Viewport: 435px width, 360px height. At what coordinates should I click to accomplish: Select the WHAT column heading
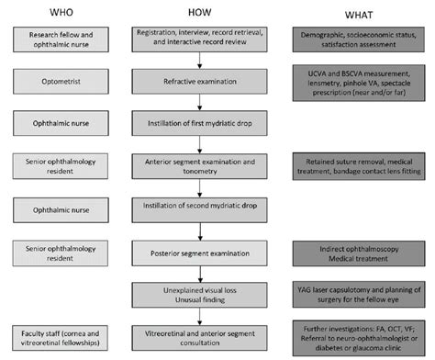click(359, 14)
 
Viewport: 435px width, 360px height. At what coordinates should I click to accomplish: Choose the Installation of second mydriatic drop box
click(195, 208)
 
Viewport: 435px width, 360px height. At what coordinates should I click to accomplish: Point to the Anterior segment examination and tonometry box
click(195, 165)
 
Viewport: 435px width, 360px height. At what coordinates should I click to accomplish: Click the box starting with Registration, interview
click(195, 39)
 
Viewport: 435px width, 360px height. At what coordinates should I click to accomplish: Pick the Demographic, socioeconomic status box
click(359, 39)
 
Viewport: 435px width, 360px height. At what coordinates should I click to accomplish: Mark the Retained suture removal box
click(359, 165)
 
